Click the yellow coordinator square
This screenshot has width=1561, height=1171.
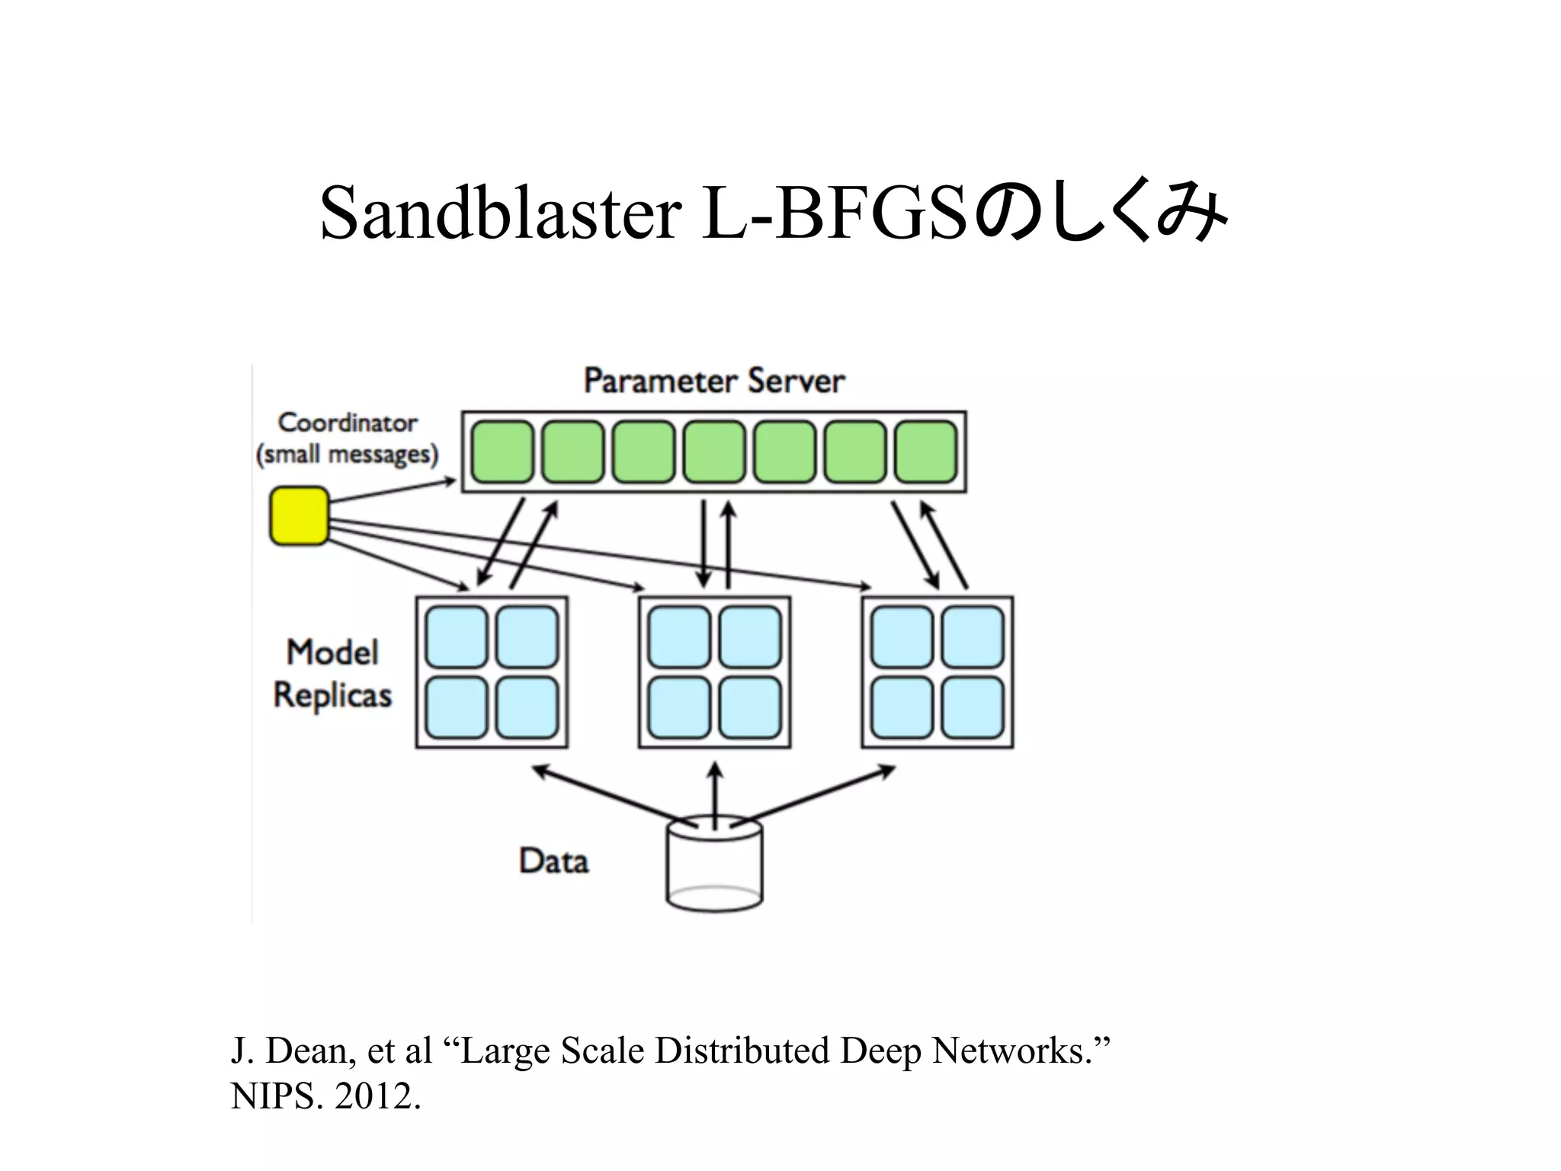300,516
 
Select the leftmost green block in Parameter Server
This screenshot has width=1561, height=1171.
502,452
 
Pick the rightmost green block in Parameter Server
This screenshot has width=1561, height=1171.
925,452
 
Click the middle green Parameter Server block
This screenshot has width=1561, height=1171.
714,452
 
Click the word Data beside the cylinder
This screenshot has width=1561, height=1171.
554,861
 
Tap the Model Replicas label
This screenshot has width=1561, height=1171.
332,674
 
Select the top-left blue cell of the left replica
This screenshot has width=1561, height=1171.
457,637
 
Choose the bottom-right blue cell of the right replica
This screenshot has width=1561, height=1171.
973,707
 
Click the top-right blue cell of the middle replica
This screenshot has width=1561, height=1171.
750,637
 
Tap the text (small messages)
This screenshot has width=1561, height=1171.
348,455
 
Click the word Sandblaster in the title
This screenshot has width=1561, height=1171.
500,213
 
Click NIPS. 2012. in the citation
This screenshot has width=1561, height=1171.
325,1097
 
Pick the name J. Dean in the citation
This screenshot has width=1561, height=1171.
293,1051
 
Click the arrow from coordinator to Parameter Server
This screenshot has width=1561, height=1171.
393,492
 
